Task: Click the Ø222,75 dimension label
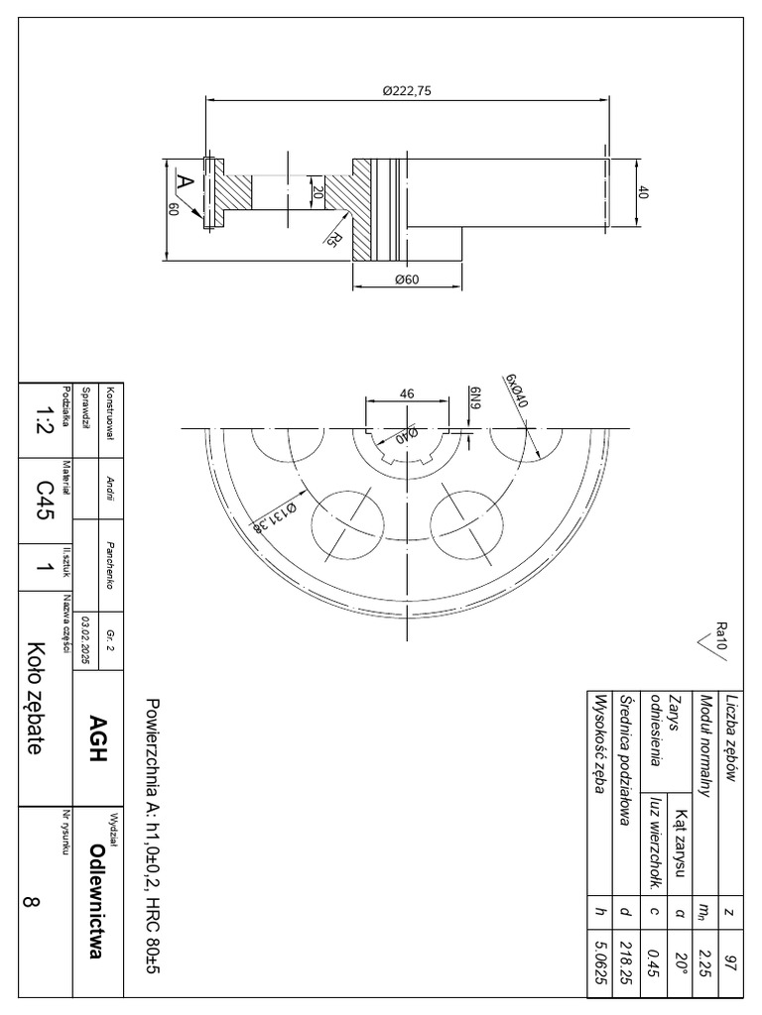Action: tap(407, 90)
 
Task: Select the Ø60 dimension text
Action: tap(407, 280)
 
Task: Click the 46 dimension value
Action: tap(407, 394)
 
